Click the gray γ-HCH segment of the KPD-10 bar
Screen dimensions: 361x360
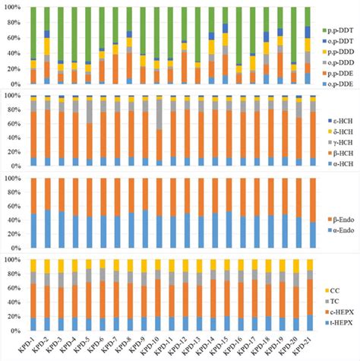pos(158,115)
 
